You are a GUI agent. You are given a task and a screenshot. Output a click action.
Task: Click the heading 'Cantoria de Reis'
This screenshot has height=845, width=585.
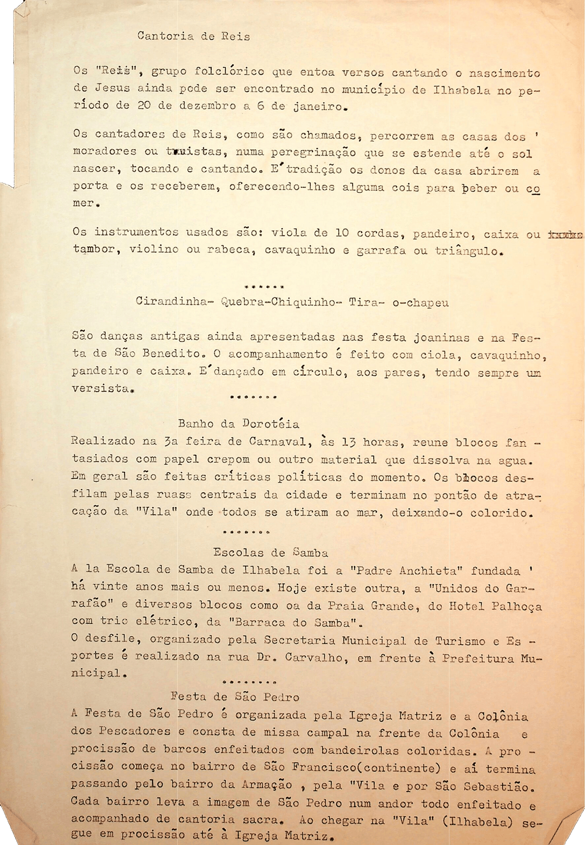[193, 37]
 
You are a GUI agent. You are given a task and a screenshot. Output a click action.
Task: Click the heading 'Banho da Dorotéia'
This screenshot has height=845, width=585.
[238, 424]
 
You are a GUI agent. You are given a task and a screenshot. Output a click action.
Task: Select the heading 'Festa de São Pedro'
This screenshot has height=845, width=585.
[235, 697]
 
